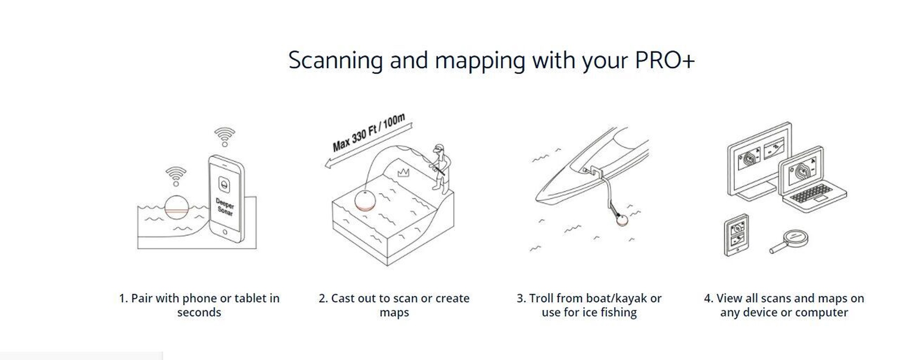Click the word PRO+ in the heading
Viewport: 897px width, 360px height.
click(x=665, y=60)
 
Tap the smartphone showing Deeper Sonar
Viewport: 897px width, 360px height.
click(x=226, y=199)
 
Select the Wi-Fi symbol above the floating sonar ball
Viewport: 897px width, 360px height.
click(x=176, y=177)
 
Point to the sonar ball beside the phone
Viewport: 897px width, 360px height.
click(x=177, y=208)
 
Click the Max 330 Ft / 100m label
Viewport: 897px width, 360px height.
click(x=369, y=133)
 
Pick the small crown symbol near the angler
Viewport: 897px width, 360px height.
click(x=404, y=173)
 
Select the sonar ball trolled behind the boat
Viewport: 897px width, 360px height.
click(x=622, y=220)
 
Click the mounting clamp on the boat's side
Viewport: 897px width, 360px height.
click(x=592, y=171)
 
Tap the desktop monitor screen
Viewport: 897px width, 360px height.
click(x=758, y=160)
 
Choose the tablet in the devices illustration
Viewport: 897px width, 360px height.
click(x=736, y=235)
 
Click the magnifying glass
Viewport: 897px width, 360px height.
click(x=789, y=242)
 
